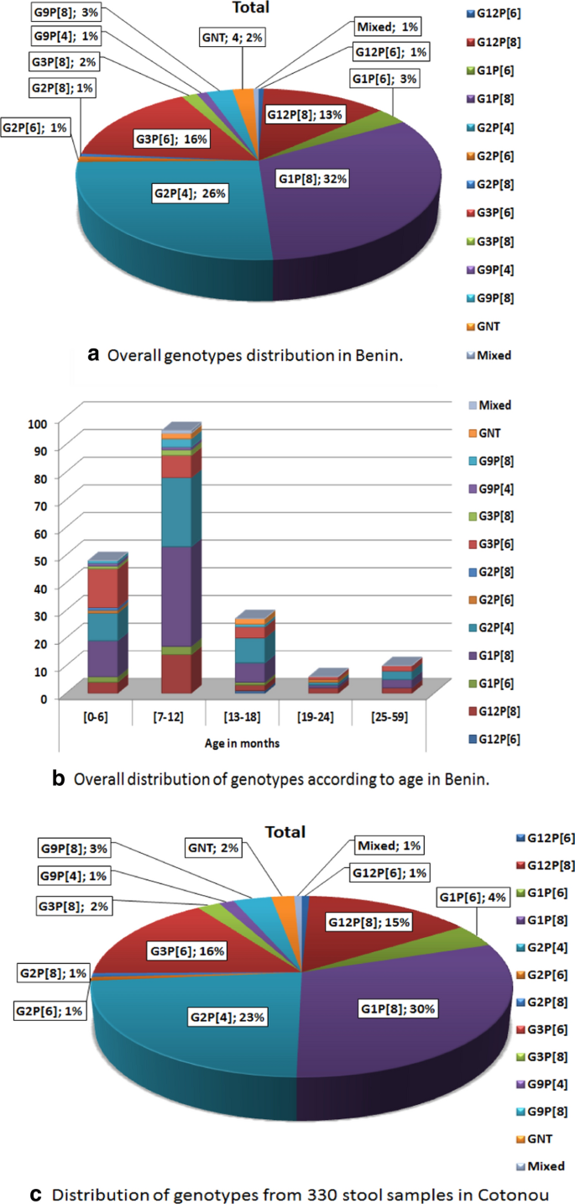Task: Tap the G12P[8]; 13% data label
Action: (x=304, y=114)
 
